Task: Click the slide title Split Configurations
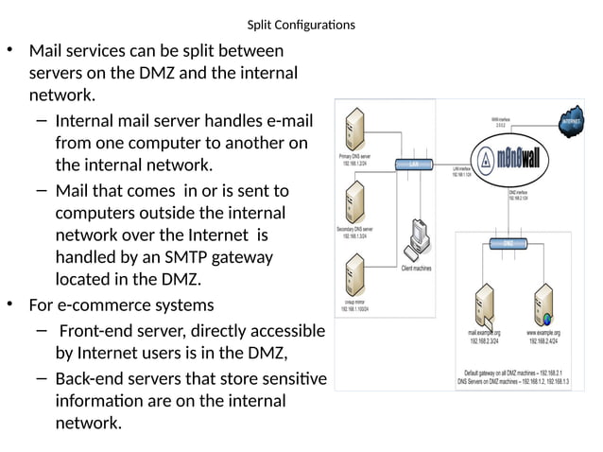click(301, 25)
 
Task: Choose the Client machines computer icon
click(417, 241)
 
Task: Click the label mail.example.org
click(484, 333)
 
